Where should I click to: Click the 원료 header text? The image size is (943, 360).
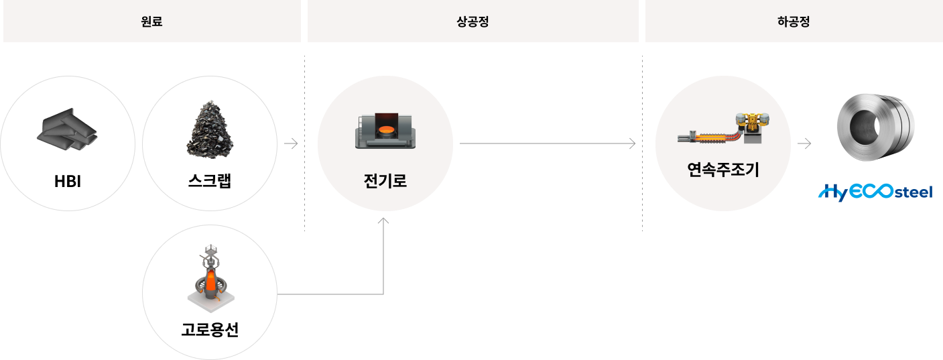151,21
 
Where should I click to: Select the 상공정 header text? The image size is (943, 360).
473,21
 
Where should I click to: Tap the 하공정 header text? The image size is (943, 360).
794,21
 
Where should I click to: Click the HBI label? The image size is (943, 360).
67,182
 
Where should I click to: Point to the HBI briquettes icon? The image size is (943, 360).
67,129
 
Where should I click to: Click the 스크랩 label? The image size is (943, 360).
210,181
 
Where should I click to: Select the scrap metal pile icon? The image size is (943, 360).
210,129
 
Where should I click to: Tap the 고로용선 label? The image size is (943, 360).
210,330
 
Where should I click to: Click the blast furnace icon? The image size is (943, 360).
210,278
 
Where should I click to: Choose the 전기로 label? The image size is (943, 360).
385,181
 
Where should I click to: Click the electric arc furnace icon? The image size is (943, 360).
385,130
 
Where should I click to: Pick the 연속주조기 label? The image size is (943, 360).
723,170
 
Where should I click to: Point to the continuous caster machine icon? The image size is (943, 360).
723,129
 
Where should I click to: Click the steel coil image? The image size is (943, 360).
875,127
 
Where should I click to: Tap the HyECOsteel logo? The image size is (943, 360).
875,192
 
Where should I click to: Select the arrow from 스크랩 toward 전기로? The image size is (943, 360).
291,143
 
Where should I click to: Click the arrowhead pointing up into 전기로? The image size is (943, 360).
383,221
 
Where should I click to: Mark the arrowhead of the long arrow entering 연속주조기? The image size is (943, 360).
632,143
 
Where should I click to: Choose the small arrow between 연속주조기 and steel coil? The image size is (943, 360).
804,143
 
